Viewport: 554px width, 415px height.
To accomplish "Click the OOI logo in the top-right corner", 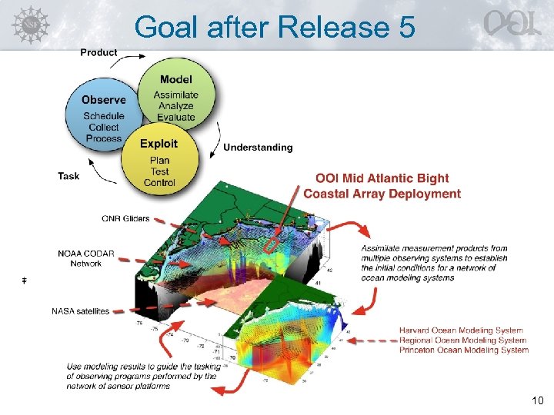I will coord(511,24).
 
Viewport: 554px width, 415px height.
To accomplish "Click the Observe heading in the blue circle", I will coord(104,100).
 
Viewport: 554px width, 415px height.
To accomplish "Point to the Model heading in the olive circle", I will coord(176,80).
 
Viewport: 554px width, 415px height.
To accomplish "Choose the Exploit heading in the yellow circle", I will coord(159,144).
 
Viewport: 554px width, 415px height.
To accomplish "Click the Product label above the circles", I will coord(99,52).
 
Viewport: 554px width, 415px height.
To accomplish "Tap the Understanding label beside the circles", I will coord(258,148).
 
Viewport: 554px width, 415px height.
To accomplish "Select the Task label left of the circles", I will coord(68,176).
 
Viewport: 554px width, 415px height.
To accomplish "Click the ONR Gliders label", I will coord(125,218).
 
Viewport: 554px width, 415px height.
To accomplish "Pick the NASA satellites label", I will coord(80,311).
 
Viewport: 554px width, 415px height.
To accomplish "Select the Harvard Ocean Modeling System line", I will coord(461,330).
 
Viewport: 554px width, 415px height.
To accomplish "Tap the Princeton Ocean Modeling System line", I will coord(464,350).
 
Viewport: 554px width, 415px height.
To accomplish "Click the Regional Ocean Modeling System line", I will coord(462,340).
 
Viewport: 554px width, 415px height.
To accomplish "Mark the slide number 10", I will coord(536,400).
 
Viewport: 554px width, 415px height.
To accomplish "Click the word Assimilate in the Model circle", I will coord(176,95).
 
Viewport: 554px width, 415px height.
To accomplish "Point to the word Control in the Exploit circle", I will coord(160,182).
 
